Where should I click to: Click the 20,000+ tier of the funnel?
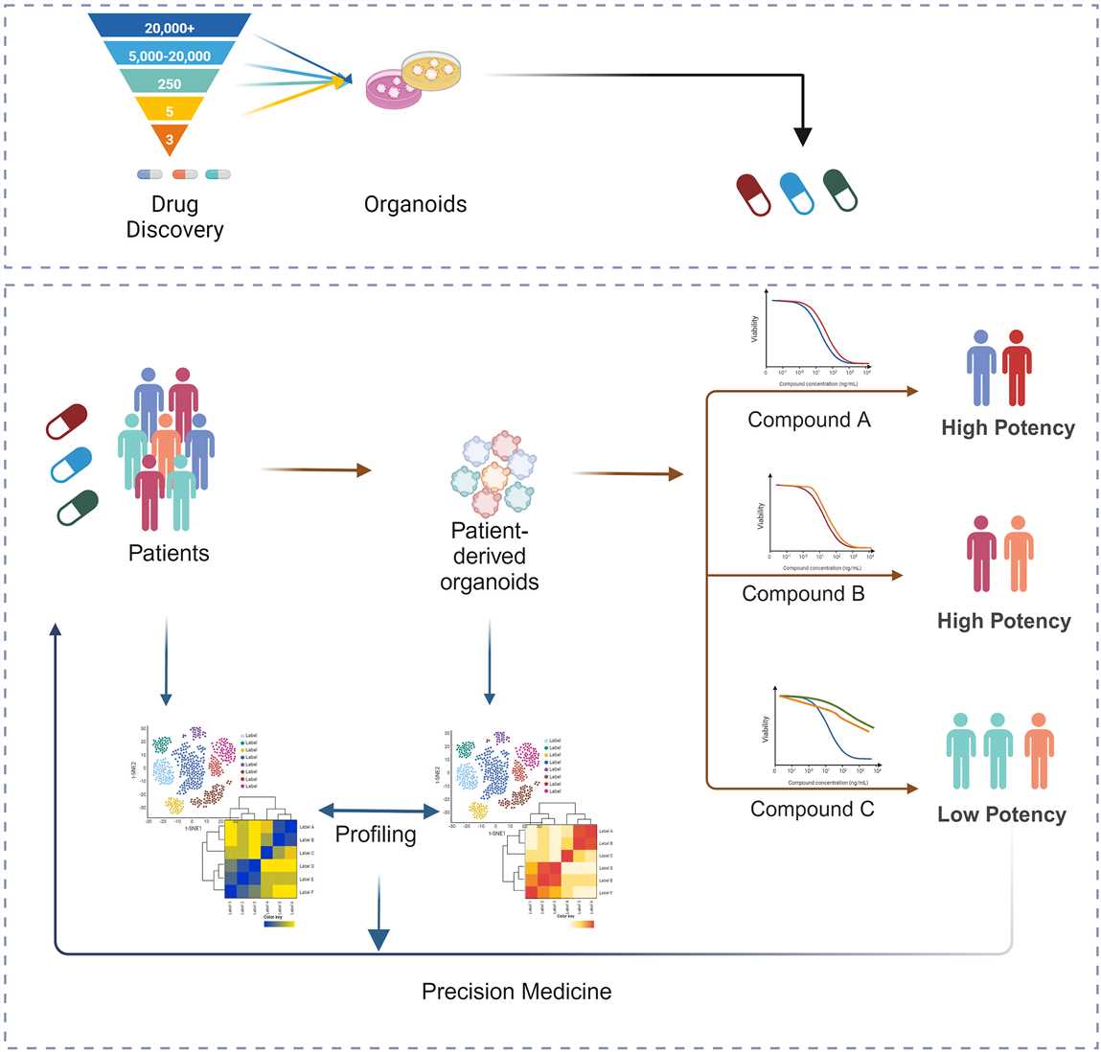170,28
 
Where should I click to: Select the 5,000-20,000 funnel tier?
170,56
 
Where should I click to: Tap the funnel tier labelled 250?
170,83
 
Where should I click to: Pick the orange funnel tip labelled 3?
170,140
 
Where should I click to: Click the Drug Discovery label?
174,217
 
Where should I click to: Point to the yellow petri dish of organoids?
431,70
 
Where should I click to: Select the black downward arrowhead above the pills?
803,136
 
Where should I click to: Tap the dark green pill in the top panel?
840,190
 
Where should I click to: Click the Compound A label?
809,420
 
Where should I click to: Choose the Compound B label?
803,594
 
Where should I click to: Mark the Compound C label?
812,810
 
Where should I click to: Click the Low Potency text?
1001,814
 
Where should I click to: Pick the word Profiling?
376,835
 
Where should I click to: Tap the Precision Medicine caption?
516,992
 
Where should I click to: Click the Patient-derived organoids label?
490,557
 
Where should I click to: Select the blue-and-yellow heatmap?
260,858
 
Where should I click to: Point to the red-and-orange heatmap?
561,860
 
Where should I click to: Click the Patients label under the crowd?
169,553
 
